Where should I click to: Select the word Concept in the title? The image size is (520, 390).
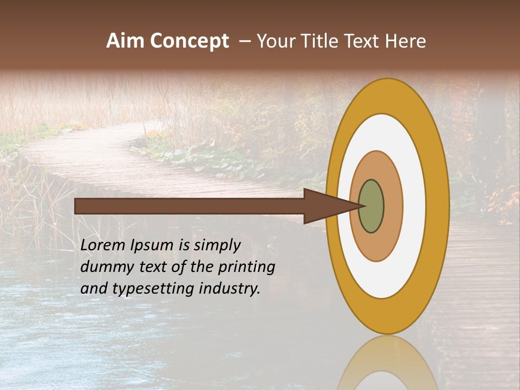click(x=189, y=41)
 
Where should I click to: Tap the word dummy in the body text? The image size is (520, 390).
click(x=106, y=267)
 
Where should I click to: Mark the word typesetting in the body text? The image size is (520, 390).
click(x=153, y=289)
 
